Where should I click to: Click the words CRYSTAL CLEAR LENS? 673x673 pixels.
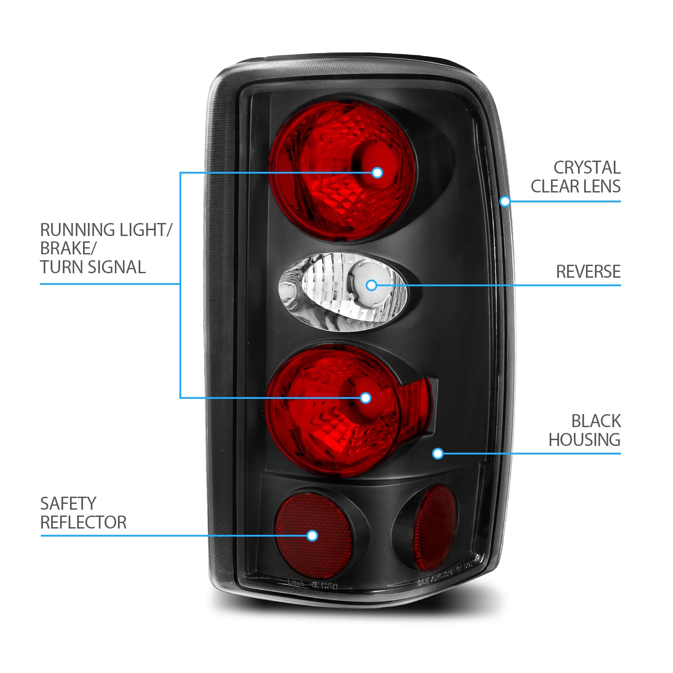(x=576, y=177)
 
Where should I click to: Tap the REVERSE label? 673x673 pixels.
(x=588, y=271)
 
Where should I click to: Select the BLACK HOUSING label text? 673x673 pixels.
(x=585, y=430)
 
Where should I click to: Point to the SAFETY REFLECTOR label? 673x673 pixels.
(x=83, y=513)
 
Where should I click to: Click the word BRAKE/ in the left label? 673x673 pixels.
(x=69, y=248)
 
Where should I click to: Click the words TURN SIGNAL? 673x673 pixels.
(x=93, y=267)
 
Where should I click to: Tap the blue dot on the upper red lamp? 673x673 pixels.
(x=377, y=172)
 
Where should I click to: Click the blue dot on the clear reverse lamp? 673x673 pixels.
(x=371, y=285)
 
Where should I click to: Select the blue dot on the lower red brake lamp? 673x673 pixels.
(x=366, y=398)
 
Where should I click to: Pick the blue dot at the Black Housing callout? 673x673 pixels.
(x=438, y=454)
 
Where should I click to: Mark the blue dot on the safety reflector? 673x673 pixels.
(x=312, y=535)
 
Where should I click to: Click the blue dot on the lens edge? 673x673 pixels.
(x=505, y=201)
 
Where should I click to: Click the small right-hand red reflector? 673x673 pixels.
(x=434, y=527)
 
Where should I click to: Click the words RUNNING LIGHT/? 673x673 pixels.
(x=106, y=230)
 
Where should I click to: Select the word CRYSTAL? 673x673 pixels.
(x=587, y=168)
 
